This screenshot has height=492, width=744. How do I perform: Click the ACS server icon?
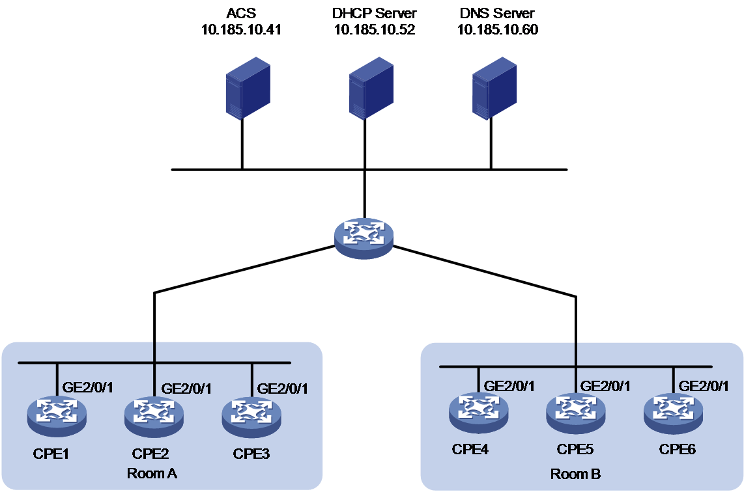tap(248, 88)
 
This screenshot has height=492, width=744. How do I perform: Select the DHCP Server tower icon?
tap(371, 88)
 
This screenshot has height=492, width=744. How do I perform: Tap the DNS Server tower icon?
tap(494, 88)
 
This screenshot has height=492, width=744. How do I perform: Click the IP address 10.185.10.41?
tap(241, 30)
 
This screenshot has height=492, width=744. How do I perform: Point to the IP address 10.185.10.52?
tap(375, 30)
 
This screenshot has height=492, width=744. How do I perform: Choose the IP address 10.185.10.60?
tap(497, 30)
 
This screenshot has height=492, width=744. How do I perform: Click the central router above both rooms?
tap(364, 238)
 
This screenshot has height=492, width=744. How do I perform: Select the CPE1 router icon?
tap(57, 416)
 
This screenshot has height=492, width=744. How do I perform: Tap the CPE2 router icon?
tap(154, 416)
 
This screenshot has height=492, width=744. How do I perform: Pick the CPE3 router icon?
tap(251, 416)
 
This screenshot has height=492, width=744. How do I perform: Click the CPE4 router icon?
tap(478, 413)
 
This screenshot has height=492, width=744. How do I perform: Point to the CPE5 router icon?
tap(575, 413)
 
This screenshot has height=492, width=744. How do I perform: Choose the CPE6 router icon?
tap(673, 413)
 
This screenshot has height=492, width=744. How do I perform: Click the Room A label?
tap(152, 474)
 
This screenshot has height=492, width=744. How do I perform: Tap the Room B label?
tap(575, 474)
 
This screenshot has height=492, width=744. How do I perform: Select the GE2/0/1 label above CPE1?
tap(88, 388)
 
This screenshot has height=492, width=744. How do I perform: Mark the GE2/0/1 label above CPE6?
tap(704, 387)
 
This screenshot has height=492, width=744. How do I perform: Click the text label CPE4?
tap(470, 449)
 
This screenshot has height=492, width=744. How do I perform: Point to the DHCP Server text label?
tap(375, 13)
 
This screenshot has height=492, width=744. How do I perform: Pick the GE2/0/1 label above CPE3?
tap(282, 389)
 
